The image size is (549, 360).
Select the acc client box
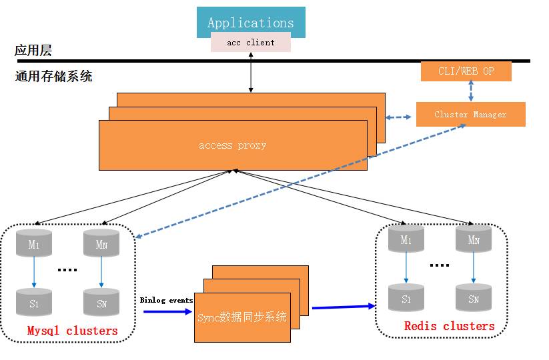251,43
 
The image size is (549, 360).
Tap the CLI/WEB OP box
466,71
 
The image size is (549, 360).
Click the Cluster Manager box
470,115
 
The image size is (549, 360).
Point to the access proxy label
232,145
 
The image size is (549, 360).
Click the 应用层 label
33,51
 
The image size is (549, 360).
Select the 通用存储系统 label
53,77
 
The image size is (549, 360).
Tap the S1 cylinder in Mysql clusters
34,302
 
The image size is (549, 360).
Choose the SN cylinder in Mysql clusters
101,302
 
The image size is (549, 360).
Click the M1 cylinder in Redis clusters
406,240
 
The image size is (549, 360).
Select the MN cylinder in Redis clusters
474,240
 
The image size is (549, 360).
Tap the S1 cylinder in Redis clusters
406,298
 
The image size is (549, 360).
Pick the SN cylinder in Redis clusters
474,298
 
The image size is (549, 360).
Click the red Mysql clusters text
72,331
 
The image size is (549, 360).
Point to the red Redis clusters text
449,326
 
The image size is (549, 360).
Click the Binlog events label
166,300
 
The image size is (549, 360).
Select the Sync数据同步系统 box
242,317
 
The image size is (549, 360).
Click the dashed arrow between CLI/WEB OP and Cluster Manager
471,91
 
